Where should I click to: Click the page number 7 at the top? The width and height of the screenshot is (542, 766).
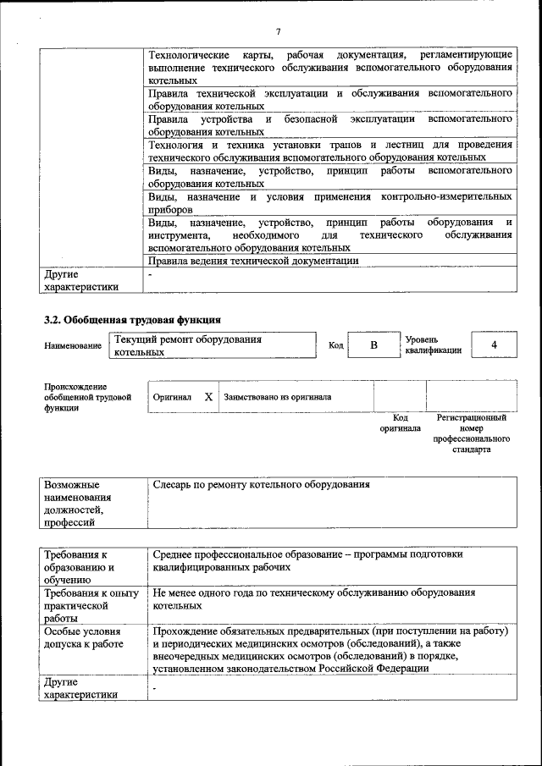pos(277,31)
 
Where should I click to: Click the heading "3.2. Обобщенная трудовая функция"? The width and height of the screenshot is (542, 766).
pos(132,320)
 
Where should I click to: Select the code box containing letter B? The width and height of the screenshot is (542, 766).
pos(373,345)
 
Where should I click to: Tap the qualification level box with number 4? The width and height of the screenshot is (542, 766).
pos(494,345)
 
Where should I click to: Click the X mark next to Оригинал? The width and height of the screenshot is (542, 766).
pos(208,396)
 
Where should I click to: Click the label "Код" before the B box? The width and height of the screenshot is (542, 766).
pos(335,346)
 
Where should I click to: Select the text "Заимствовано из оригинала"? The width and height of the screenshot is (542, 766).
pos(277,396)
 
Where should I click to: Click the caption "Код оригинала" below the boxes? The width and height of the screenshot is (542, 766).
pos(400,422)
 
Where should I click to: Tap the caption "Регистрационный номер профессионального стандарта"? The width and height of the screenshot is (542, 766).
pos(472,433)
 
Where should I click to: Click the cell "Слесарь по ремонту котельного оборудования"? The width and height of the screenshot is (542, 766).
pos(262,485)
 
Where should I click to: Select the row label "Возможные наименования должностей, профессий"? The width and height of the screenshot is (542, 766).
pos(76,504)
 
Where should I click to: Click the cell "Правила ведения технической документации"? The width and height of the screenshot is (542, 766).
pos(253,261)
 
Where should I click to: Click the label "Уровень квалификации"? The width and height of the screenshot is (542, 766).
pos(433,345)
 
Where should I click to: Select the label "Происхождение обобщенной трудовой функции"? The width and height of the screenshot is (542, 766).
pos(87,397)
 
